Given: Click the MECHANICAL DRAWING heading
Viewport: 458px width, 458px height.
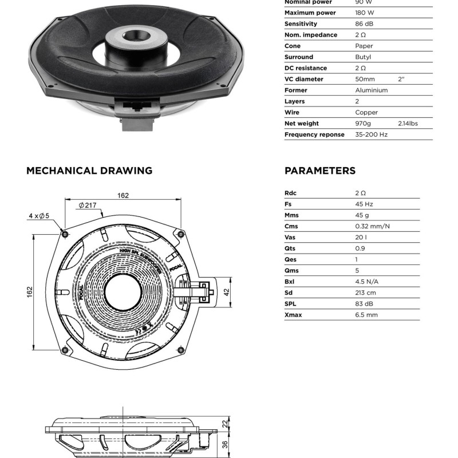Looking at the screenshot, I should (89, 171).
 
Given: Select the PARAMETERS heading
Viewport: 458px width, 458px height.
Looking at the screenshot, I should (320, 171).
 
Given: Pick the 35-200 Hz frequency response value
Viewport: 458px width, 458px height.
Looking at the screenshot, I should (372, 135).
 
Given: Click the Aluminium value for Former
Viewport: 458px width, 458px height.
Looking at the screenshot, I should (372, 90).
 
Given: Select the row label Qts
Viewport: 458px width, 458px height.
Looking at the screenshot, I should (291, 248).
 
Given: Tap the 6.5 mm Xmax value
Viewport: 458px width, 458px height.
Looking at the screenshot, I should (366, 315).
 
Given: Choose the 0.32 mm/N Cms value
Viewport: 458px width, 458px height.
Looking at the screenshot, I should (373, 226).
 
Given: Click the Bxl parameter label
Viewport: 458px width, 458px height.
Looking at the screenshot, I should (290, 282).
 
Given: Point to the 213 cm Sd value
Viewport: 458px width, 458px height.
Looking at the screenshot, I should (366, 293).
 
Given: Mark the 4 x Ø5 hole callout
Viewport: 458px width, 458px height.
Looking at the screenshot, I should (40, 216).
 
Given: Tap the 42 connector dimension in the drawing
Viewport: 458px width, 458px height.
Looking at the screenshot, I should (226, 292).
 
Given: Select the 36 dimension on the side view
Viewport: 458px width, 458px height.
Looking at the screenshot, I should (225, 444).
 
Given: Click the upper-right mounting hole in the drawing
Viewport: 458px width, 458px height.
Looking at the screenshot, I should (181, 234).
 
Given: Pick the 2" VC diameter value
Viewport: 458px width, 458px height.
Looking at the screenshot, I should (401, 80).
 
